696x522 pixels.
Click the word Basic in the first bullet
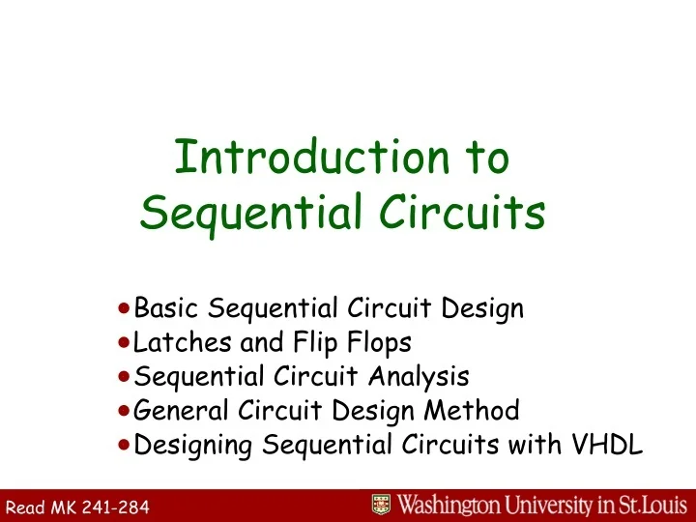point(168,309)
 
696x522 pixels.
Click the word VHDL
point(608,445)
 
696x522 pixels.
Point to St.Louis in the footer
point(654,505)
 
